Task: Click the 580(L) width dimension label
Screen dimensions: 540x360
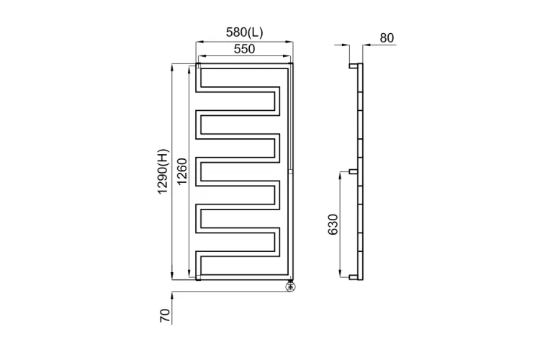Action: click(x=244, y=32)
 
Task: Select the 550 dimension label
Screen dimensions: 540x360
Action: click(x=245, y=49)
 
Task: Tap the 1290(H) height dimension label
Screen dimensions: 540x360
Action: click(x=163, y=171)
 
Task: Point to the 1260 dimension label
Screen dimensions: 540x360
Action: click(x=182, y=171)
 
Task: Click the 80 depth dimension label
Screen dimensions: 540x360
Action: click(x=387, y=38)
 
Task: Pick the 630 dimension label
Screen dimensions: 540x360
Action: click(x=333, y=224)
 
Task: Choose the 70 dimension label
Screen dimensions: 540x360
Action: click(x=165, y=315)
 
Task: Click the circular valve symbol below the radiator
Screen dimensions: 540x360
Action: click(x=291, y=287)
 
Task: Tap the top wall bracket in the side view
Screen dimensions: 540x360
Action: click(x=354, y=66)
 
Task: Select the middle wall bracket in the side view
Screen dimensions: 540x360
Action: click(x=354, y=171)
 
